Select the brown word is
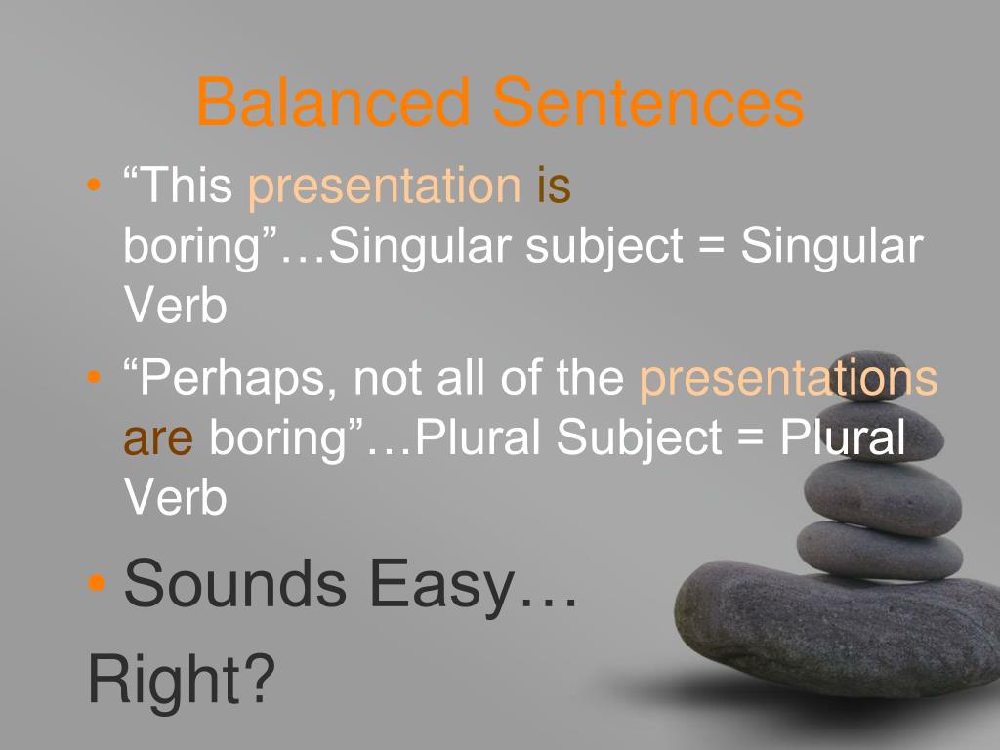(x=553, y=187)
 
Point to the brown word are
(x=158, y=438)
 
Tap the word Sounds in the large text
(x=235, y=583)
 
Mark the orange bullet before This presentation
(x=94, y=186)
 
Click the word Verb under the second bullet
(x=175, y=499)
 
